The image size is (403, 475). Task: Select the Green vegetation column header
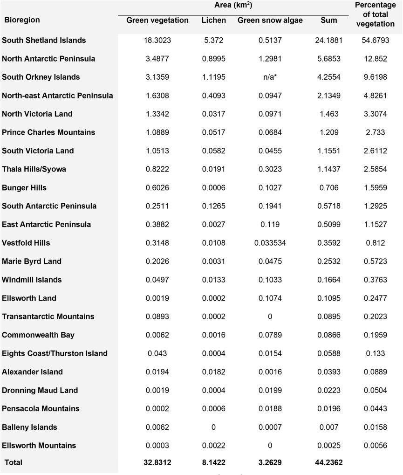click(x=157, y=21)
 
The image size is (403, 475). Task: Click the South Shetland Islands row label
click(x=44, y=40)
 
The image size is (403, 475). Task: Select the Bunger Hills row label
click(x=25, y=187)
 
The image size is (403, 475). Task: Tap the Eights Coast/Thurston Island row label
click(x=55, y=353)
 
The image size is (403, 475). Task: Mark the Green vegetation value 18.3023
click(x=157, y=40)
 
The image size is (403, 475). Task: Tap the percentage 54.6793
click(x=378, y=40)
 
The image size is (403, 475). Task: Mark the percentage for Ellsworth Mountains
click(x=378, y=446)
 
